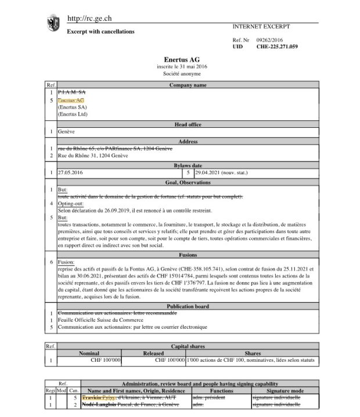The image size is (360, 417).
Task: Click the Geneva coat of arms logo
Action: tap(53, 23)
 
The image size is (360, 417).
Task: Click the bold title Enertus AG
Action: tap(182, 60)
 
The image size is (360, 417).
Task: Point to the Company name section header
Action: tap(188, 85)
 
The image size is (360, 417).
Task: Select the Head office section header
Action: tap(188, 124)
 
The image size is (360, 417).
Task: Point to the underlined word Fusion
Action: tap(66, 263)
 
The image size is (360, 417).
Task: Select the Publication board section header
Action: tap(188, 306)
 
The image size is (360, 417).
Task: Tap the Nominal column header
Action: tap(89, 353)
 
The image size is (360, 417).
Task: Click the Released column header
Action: tap(154, 353)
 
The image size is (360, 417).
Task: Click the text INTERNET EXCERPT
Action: tap(261, 27)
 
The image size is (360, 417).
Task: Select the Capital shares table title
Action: tap(188, 346)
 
